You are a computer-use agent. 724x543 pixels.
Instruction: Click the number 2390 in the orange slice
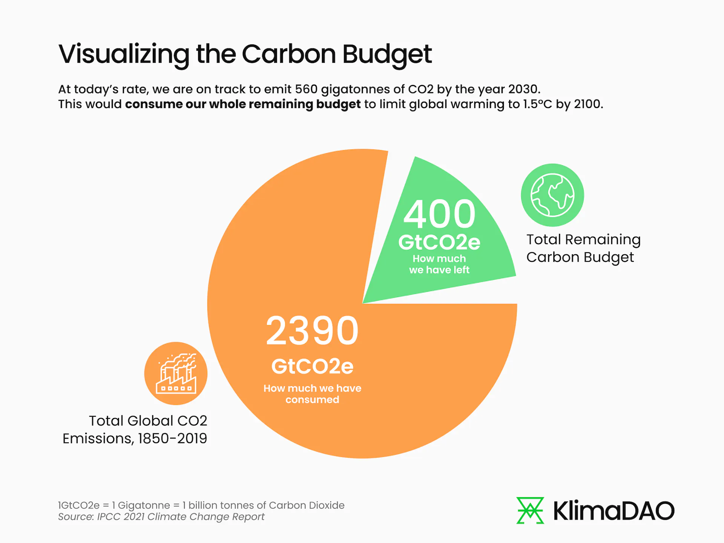coord(312,331)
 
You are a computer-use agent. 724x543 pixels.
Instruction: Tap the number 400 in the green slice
coord(439,214)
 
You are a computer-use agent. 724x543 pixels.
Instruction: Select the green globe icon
coord(552,195)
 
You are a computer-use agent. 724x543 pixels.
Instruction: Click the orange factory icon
coord(176,373)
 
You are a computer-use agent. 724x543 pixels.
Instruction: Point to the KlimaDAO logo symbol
coord(530,510)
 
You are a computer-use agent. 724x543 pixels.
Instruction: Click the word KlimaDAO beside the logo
coord(614,511)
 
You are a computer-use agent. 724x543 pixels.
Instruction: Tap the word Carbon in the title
coord(288,54)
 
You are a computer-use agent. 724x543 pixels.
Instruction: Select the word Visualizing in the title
coord(124,54)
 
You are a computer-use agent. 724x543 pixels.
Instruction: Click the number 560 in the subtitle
coord(306,89)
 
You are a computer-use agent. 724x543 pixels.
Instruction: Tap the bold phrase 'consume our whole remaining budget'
coord(243,104)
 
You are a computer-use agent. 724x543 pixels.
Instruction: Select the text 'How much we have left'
coord(439,264)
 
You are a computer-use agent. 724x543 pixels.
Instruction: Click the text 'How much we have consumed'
coord(312,394)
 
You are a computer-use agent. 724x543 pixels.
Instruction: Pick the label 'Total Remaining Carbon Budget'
coord(583,248)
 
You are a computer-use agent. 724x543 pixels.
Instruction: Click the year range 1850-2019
coord(172,439)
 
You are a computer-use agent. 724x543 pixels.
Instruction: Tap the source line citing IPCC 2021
coord(161,517)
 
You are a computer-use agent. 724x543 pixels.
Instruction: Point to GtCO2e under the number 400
coord(439,242)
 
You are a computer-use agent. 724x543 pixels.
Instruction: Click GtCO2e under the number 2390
coord(312,366)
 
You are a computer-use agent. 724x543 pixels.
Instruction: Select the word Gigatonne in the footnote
coord(144,505)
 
